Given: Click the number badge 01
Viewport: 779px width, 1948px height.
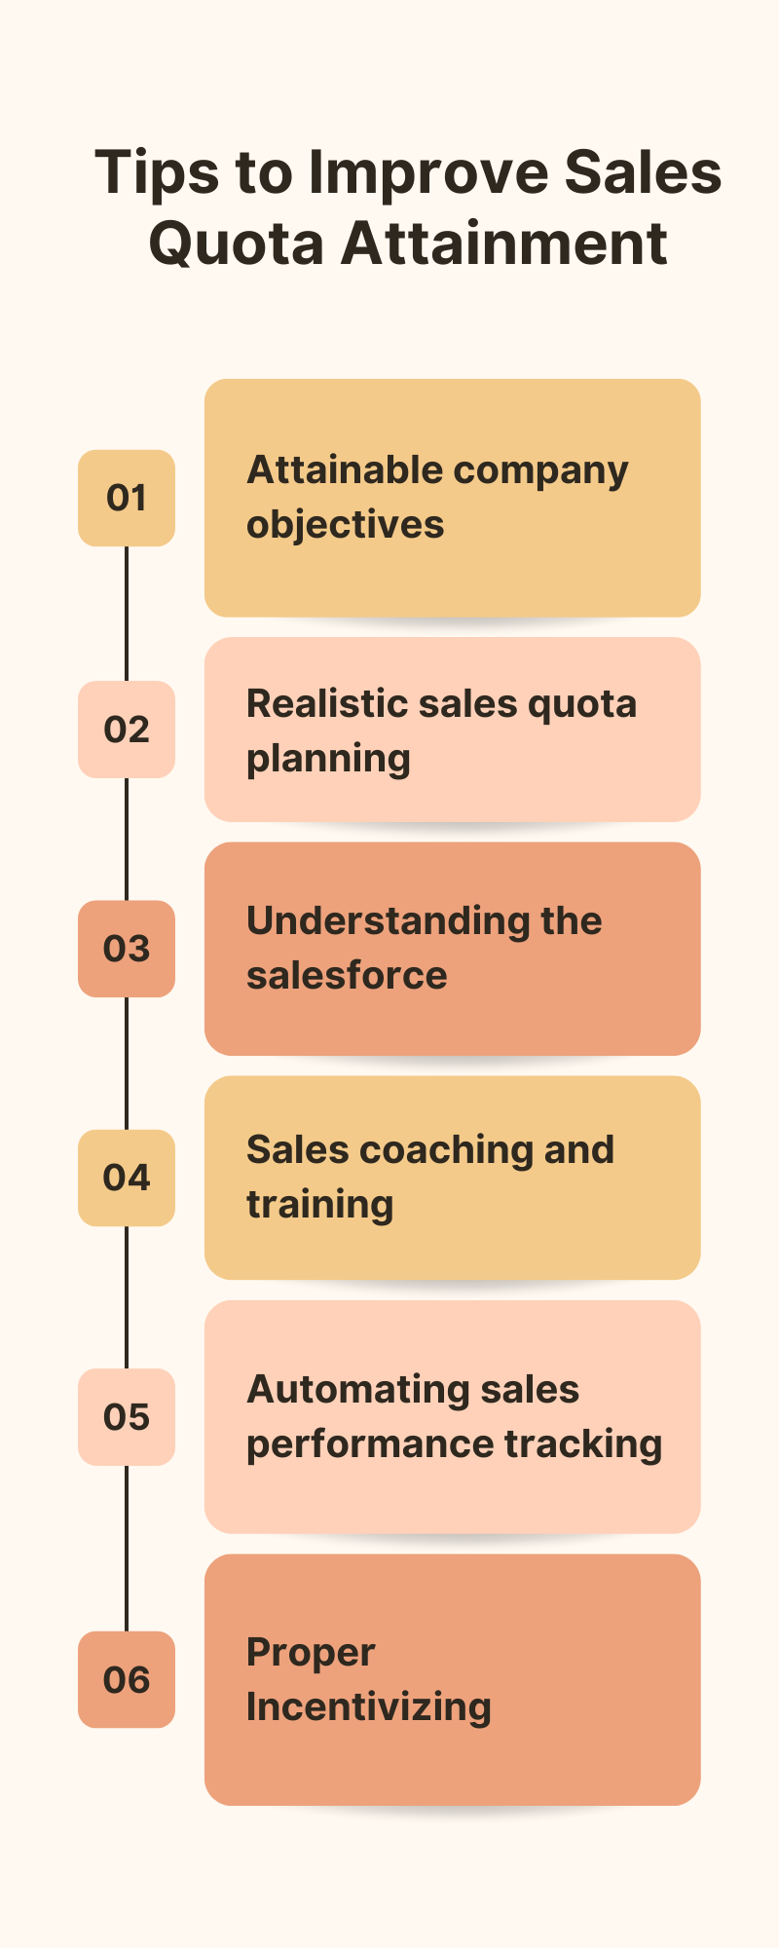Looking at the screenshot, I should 127,498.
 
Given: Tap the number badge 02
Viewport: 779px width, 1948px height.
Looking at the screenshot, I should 127,730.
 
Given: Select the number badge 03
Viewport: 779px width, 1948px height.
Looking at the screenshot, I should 127,949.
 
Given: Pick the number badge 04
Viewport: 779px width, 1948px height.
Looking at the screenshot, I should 127,1178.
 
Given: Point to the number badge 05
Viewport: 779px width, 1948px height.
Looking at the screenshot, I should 127,1417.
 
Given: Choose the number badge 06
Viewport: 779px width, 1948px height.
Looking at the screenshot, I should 127,1679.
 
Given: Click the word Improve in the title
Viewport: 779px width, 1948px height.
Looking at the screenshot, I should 428,173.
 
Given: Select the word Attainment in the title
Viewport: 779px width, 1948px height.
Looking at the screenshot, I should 503,243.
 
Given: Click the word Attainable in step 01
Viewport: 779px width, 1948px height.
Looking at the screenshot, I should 345,470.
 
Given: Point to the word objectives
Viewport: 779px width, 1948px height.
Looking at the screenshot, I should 345,525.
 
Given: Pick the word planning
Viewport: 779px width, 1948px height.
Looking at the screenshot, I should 328,760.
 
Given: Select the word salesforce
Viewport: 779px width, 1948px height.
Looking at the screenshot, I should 347,975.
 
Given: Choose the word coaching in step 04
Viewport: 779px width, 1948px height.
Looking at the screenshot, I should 446,1150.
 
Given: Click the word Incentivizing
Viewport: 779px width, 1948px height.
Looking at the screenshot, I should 368,1707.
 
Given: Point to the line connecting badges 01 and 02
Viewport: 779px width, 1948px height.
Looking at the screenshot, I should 127,614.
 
